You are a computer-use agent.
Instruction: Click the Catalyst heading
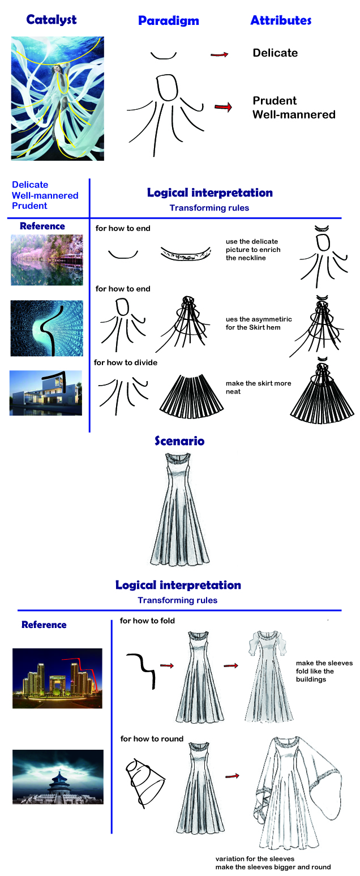(x=51, y=20)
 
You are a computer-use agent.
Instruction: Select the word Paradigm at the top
(x=168, y=21)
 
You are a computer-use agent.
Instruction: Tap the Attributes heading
(x=281, y=20)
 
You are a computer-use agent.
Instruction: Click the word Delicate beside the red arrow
(x=275, y=53)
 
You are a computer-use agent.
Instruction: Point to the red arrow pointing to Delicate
(x=219, y=54)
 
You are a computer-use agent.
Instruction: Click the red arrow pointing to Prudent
(x=224, y=106)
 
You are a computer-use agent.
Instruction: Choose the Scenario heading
(x=179, y=441)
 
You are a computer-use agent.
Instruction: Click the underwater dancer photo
(x=58, y=98)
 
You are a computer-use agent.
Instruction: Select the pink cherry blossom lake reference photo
(x=46, y=260)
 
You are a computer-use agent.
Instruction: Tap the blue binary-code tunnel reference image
(x=46, y=328)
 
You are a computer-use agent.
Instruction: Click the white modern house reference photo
(x=46, y=393)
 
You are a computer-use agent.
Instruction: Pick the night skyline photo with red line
(x=57, y=678)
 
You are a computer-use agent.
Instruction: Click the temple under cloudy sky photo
(x=58, y=777)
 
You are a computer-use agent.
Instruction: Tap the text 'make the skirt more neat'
(x=258, y=387)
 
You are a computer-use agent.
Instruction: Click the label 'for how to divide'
(x=126, y=362)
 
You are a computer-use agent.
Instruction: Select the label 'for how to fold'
(x=147, y=621)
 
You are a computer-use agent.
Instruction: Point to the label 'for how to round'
(x=152, y=738)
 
